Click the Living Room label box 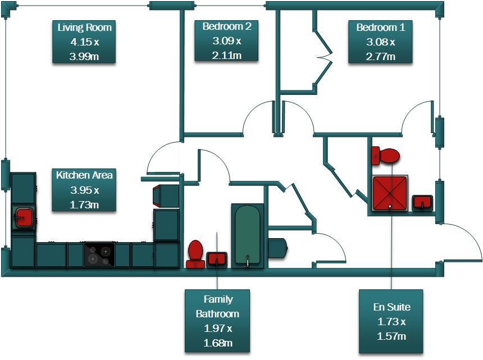coord(84,42)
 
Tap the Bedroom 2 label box coord(227,40)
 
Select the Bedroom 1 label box coord(380,42)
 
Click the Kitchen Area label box coord(84,190)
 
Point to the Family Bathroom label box coord(217,321)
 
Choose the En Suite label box coord(391,321)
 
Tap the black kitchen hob coord(99,254)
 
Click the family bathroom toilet coord(195,254)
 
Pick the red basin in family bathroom coord(216,259)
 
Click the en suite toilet coord(385,155)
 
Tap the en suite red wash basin coord(422,201)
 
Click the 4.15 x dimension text coord(84,42)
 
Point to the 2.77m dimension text coord(380,56)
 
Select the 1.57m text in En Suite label coord(391,336)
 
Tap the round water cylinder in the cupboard coord(279,248)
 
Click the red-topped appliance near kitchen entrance coord(166,195)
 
